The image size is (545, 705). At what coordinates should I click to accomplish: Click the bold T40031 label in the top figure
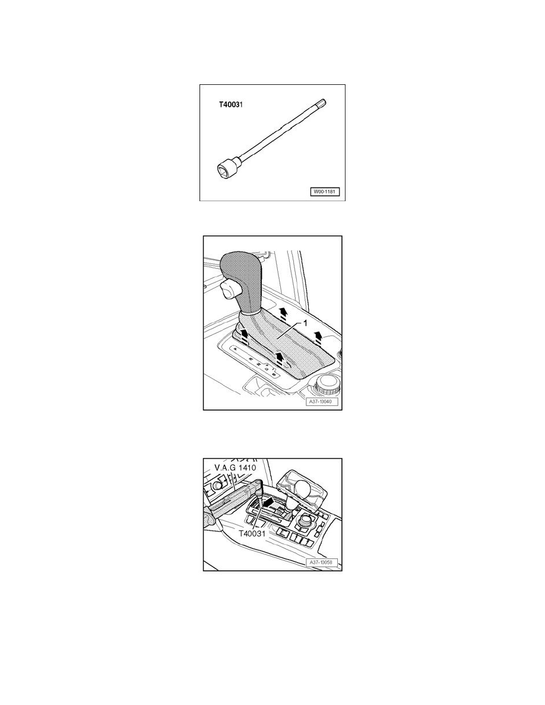pyautogui.click(x=230, y=105)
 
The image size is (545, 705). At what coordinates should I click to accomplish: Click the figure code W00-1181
pyautogui.click(x=324, y=192)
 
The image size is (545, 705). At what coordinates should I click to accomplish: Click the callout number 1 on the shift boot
pyautogui.click(x=305, y=323)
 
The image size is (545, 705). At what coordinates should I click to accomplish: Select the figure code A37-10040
pyautogui.click(x=321, y=402)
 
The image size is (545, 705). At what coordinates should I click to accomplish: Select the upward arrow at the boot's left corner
pyautogui.click(x=243, y=335)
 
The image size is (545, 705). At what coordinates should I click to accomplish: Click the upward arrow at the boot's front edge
pyautogui.click(x=280, y=358)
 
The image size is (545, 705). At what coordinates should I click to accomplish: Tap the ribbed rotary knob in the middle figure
pyautogui.click(x=328, y=383)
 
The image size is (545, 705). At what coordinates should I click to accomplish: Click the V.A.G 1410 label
pyautogui.click(x=235, y=468)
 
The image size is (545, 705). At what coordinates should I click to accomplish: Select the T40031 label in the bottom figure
pyautogui.click(x=252, y=533)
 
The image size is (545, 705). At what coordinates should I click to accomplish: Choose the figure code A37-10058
pyautogui.click(x=322, y=563)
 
